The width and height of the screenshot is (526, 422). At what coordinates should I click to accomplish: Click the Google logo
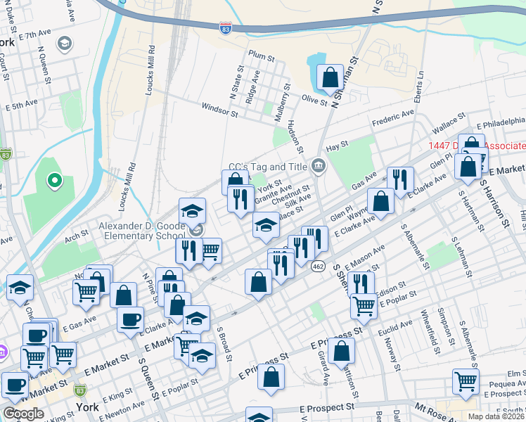pos(24,414)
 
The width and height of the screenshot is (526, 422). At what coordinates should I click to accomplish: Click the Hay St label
pos(338,145)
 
